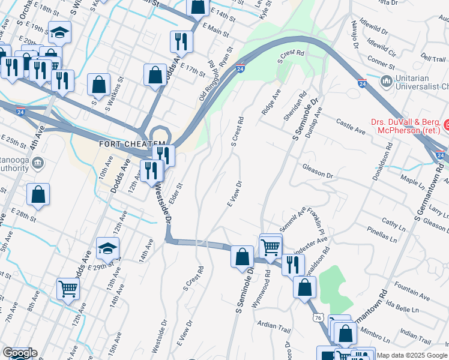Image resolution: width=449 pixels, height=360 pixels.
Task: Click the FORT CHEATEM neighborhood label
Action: [x=131, y=145]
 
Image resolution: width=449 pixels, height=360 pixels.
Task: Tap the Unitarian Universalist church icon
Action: [x=387, y=80]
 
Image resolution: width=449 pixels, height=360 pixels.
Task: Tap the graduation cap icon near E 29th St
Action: [x=107, y=247]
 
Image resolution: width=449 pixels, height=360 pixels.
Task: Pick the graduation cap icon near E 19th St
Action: [x=59, y=32]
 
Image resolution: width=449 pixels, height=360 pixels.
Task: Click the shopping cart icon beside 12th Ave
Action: [x=68, y=288]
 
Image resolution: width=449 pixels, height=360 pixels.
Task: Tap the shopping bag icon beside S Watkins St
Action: [x=99, y=84]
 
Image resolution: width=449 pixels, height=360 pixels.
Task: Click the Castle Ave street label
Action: [x=351, y=126]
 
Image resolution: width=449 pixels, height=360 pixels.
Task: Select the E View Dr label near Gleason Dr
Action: [x=234, y=194]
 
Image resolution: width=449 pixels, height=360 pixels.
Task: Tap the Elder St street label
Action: [x=175, y=197]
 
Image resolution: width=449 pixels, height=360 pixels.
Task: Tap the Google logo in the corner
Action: [x=19, y=353]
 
